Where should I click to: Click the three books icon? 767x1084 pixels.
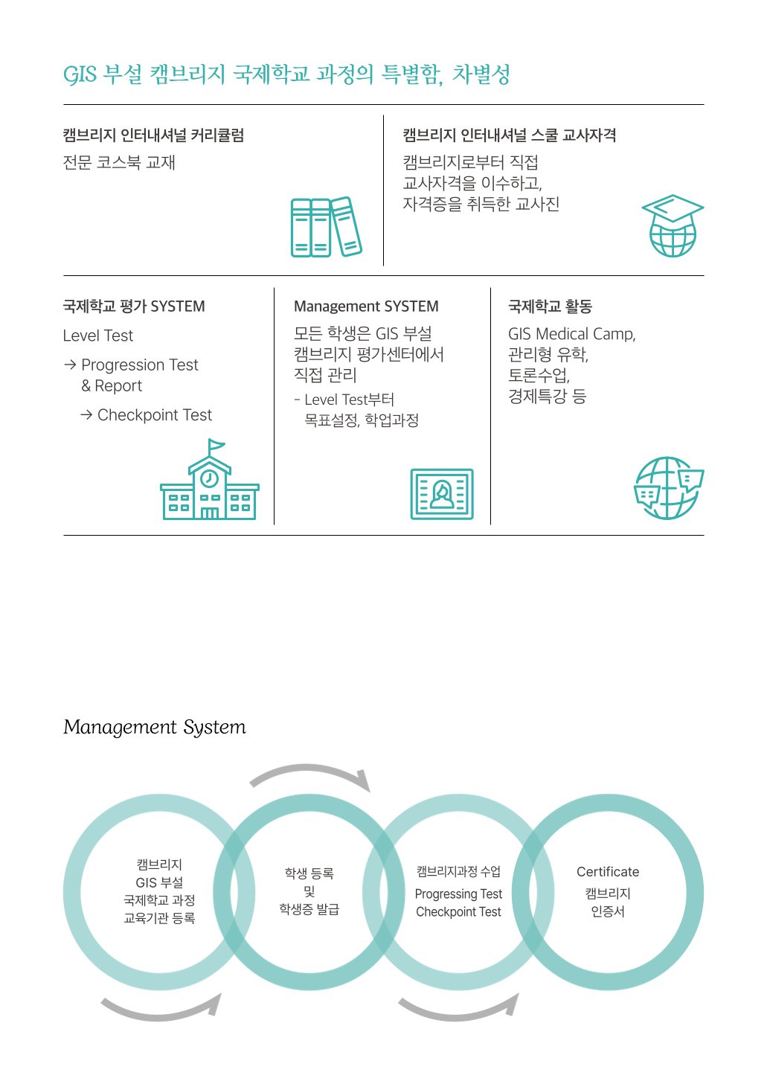[x=326, y=227]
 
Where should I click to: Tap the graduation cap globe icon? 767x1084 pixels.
[x=673, y=225]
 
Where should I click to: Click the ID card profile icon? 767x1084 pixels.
[x=442, y=493]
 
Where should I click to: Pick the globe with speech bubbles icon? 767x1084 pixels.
[x=668, y=488]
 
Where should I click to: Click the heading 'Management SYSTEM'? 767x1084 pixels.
[x=366, y=307]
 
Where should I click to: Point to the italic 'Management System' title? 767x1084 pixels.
[x=155, y=728]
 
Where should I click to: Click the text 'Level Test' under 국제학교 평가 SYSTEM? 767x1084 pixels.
[x=98, y=336]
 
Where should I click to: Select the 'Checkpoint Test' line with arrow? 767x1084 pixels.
[x=147, y=415]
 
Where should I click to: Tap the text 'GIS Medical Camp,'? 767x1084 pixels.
[x=571, y=334]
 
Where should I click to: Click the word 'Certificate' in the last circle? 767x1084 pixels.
[x=608, y=872]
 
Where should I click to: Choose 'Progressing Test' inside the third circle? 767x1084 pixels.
[x=458, y=894]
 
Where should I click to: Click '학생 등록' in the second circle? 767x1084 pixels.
[x=309, y=873]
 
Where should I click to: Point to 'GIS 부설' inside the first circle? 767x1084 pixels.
[x=159, y=883]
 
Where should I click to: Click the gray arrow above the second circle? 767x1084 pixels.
[x=311, y=774]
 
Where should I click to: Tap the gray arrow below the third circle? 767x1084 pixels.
[x=460, y=1009]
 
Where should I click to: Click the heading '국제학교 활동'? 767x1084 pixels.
[x=550, y=307]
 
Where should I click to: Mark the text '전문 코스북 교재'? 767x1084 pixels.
[x=119, y=163]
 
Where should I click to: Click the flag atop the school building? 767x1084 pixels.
[x=216, y=446]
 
